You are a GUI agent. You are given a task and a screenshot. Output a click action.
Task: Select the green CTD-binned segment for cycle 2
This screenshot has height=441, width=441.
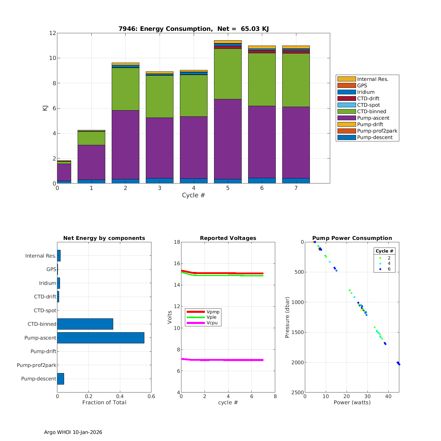tap(126, 89)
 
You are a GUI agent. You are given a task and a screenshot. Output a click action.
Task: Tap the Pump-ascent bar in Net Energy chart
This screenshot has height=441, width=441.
tap(101, 338)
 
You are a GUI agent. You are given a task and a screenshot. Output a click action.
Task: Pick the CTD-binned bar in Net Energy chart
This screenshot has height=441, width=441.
tap(85, 324)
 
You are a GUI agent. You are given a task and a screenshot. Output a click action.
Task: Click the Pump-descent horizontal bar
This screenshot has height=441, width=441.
tap(61, 379)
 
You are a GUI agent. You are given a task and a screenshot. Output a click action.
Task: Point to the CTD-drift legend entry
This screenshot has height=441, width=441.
tap(368, 98)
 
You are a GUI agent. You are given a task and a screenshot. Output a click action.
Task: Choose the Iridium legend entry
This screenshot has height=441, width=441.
tap(366, 92)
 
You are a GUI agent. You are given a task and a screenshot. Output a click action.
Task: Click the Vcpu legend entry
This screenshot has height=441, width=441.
tap(212, 323)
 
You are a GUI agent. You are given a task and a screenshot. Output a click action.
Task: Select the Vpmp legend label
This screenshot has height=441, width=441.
tap(213, 312)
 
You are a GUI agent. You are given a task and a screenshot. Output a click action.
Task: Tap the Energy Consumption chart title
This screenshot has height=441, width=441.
tap(193, 29)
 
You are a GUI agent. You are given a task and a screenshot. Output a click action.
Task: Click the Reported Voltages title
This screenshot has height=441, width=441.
tap(228, 238)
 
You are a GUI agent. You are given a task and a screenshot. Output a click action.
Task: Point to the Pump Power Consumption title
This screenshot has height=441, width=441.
tap(352, 238)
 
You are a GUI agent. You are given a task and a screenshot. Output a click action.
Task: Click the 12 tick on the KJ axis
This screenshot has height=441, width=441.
tap(53, 33)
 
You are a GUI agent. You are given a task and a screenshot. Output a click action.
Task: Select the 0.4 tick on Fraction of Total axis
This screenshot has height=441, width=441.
tap(120, 396)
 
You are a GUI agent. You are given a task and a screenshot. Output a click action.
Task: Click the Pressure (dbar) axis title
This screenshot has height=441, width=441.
tap(287, 317)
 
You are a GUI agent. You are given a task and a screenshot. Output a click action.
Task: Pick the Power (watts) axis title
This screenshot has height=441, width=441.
tap(352, 402)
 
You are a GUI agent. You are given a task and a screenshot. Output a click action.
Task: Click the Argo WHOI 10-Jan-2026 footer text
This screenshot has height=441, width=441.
tap(73, 432)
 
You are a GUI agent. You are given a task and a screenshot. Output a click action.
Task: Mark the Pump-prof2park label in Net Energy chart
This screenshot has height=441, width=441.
tap(36, 365)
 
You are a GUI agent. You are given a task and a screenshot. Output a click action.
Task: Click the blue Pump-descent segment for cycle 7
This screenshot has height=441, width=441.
tap(296, 181)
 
